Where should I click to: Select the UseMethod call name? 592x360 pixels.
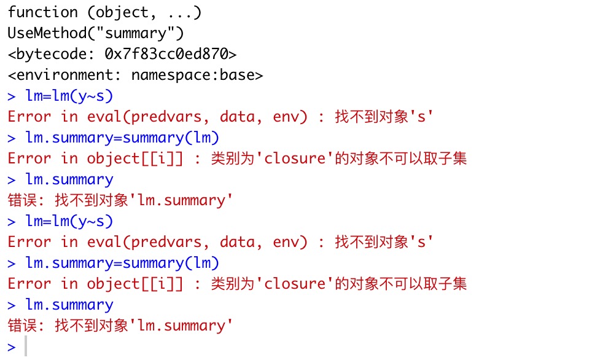(52, 33)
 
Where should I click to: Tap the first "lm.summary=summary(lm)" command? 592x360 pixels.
(122, 138)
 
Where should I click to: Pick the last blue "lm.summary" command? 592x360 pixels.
(69, 305)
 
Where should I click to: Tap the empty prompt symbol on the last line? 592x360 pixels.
(12, 347)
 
